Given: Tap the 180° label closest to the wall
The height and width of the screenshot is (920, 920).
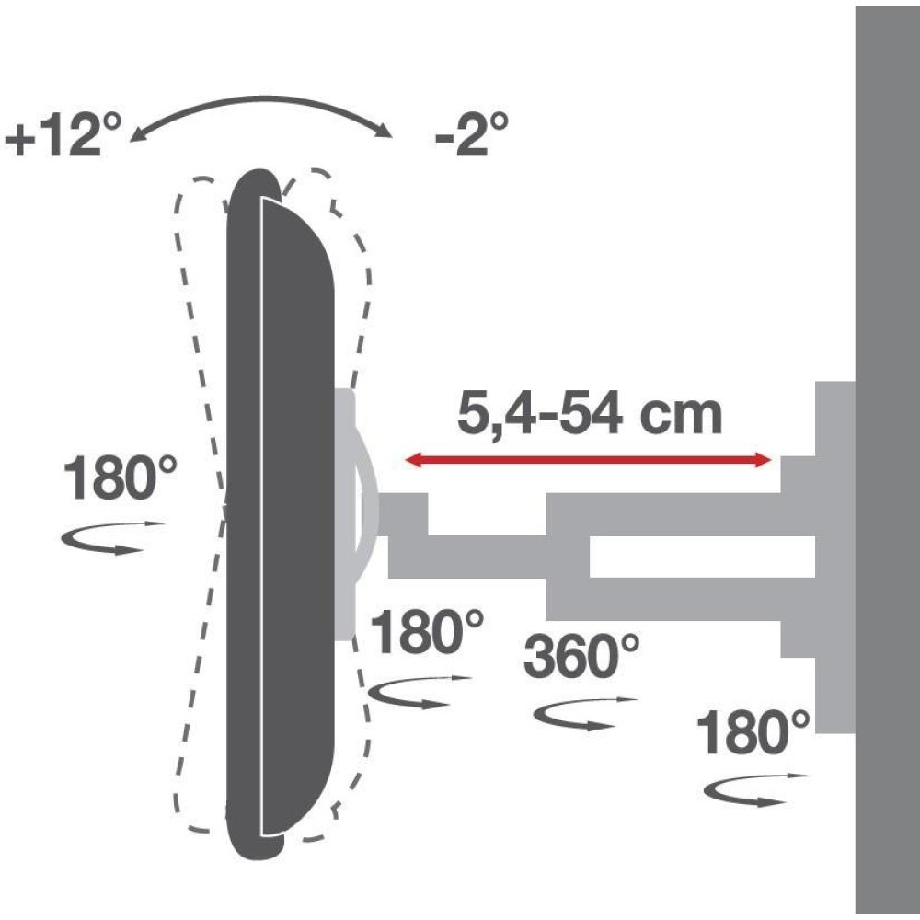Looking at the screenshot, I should [x=753, y=734].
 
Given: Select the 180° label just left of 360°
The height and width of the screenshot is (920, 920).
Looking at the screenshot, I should [x=426, y=635].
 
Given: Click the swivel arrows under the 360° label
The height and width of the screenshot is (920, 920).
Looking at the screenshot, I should [x=585, y=713].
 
